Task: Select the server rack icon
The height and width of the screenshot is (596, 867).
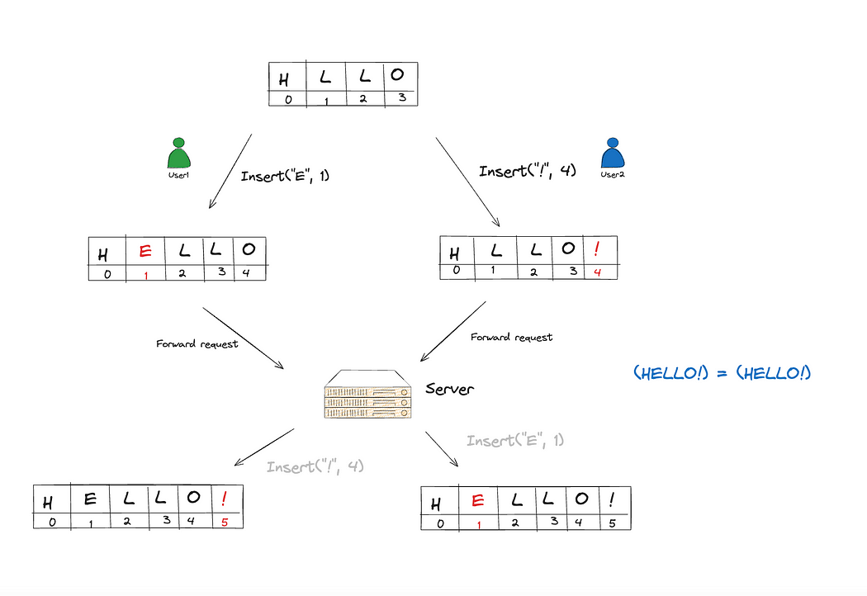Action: click(x=367, y=395)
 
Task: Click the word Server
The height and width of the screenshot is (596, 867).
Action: click(x=450, y=388)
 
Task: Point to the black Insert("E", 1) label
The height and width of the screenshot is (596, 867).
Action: click(x=285, y=176)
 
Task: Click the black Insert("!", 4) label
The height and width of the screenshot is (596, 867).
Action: click(x=526, y=171)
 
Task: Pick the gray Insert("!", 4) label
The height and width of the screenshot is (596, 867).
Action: click(x=315, y=467)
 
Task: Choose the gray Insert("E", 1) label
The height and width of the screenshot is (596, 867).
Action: click(x=515, y=441)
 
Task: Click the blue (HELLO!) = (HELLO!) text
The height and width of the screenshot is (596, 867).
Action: click(x=722, y=373)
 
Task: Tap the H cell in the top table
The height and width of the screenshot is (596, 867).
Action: click(x=285, y=78)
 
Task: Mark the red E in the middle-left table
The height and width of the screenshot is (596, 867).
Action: click(x=145, y=251)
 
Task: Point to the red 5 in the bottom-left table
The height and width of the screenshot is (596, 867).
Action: click(x=223, y=521)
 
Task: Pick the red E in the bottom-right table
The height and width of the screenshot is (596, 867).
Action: click(x=476, y=500)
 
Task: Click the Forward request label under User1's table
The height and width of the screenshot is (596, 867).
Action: click(x=197, y=343)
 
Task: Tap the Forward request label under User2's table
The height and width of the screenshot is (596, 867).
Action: click(x=511, y=337)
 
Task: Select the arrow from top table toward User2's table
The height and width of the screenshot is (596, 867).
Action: click(x=467, y=182)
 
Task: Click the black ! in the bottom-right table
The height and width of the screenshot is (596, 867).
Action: click(x=611, y=499)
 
